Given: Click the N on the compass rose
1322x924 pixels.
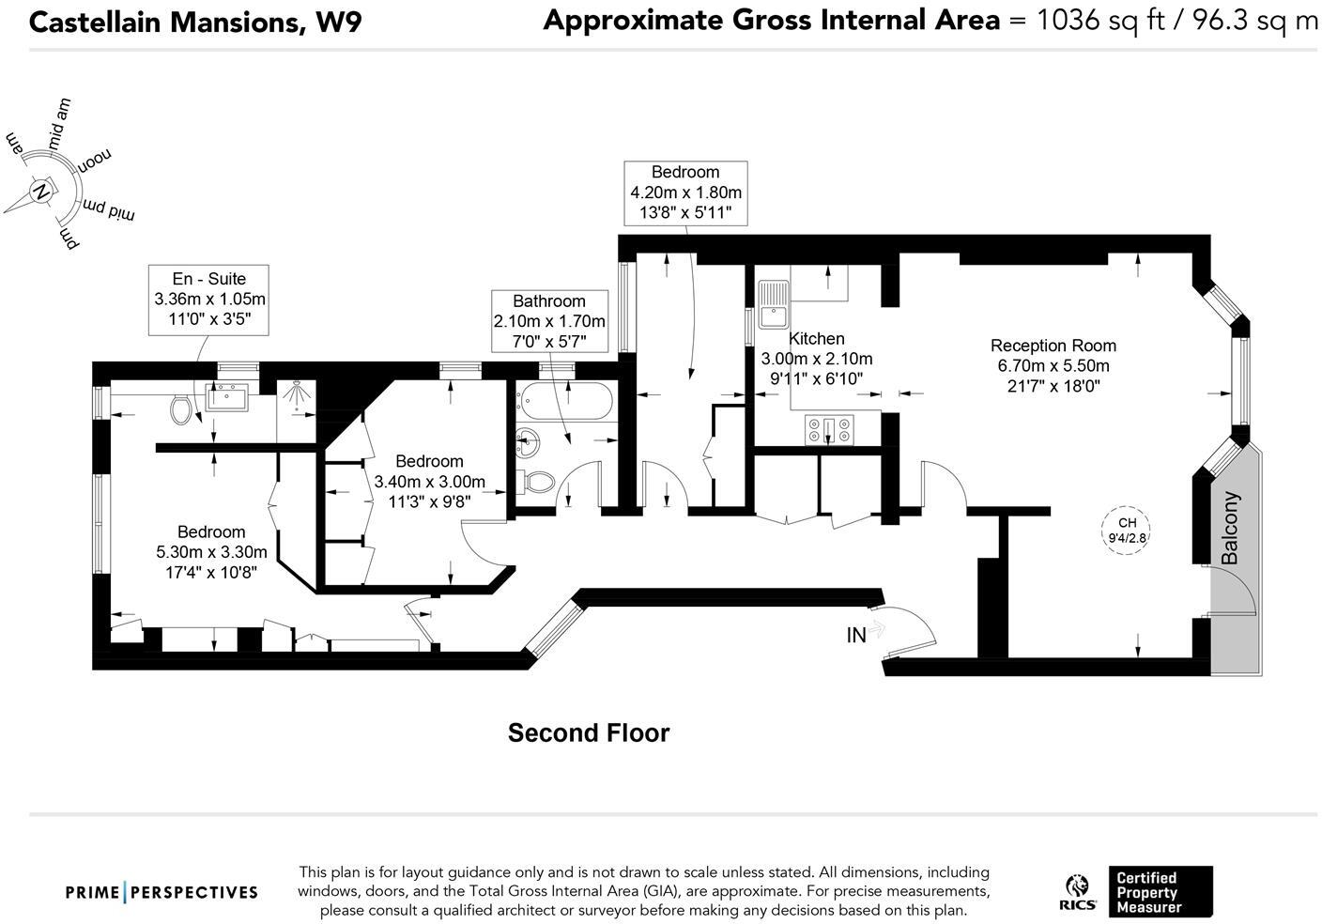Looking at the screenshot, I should coord(41,192).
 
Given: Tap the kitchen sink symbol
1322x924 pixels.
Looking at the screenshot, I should coord(775,303).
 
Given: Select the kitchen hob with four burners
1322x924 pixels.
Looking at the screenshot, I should coord(829,429).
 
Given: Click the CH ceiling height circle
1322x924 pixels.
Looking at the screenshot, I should coord(1127,531).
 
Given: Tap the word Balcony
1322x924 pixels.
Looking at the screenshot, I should coord(1230,528).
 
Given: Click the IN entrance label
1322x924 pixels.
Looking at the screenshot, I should coord(856,636).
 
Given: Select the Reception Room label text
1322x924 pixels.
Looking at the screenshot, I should coord(1053,345).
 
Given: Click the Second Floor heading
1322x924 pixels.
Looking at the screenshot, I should coord(589,732).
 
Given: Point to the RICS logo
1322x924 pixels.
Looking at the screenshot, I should coord(1076,891).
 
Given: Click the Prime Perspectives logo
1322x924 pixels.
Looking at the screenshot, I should coord(161,892).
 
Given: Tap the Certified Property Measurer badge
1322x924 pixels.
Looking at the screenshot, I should coord(1160,892).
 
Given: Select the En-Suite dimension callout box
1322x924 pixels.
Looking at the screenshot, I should coord(209,300).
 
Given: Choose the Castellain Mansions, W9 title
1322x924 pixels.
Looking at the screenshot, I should coord(195,22).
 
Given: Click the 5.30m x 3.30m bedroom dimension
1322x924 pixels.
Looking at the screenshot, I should coord(211,552).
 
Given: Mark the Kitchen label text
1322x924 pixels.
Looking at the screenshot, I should coord(816,338).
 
